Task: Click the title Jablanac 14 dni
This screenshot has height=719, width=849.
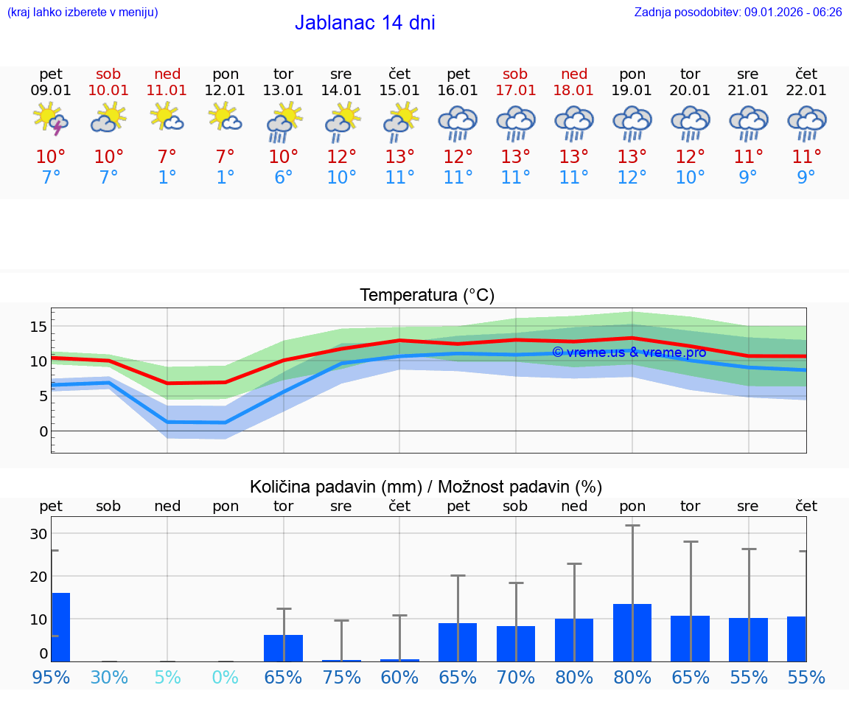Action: coord(365,23)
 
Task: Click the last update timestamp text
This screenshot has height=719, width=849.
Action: coord(738,12)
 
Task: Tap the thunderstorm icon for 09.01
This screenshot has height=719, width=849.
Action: coord(51,119)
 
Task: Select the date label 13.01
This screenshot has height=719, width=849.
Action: coord(283,91)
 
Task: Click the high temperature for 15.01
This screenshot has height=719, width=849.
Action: coord(399,157)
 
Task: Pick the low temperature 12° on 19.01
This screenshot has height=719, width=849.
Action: coord(632,178)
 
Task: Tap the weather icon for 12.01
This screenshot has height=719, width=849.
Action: coord(226,118)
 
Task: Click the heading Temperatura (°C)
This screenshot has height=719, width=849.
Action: coord(427,296)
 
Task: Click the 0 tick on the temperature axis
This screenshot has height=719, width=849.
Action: coord(43,431)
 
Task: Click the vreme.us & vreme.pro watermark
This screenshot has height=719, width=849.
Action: coord(629,352)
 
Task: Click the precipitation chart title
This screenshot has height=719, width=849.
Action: coord(426,487)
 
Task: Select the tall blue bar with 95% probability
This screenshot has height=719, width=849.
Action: coord(60,627)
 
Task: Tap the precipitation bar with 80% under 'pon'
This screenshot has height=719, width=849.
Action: coord(632,633)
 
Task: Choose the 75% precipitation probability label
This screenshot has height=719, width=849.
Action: coord(341,678)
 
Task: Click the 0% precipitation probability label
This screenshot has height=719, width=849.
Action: coord(226,678)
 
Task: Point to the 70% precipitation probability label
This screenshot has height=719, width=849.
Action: coord(516,678)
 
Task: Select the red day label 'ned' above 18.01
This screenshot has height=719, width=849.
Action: coord(574,74)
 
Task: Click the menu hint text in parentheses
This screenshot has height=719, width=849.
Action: coord(83,12)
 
